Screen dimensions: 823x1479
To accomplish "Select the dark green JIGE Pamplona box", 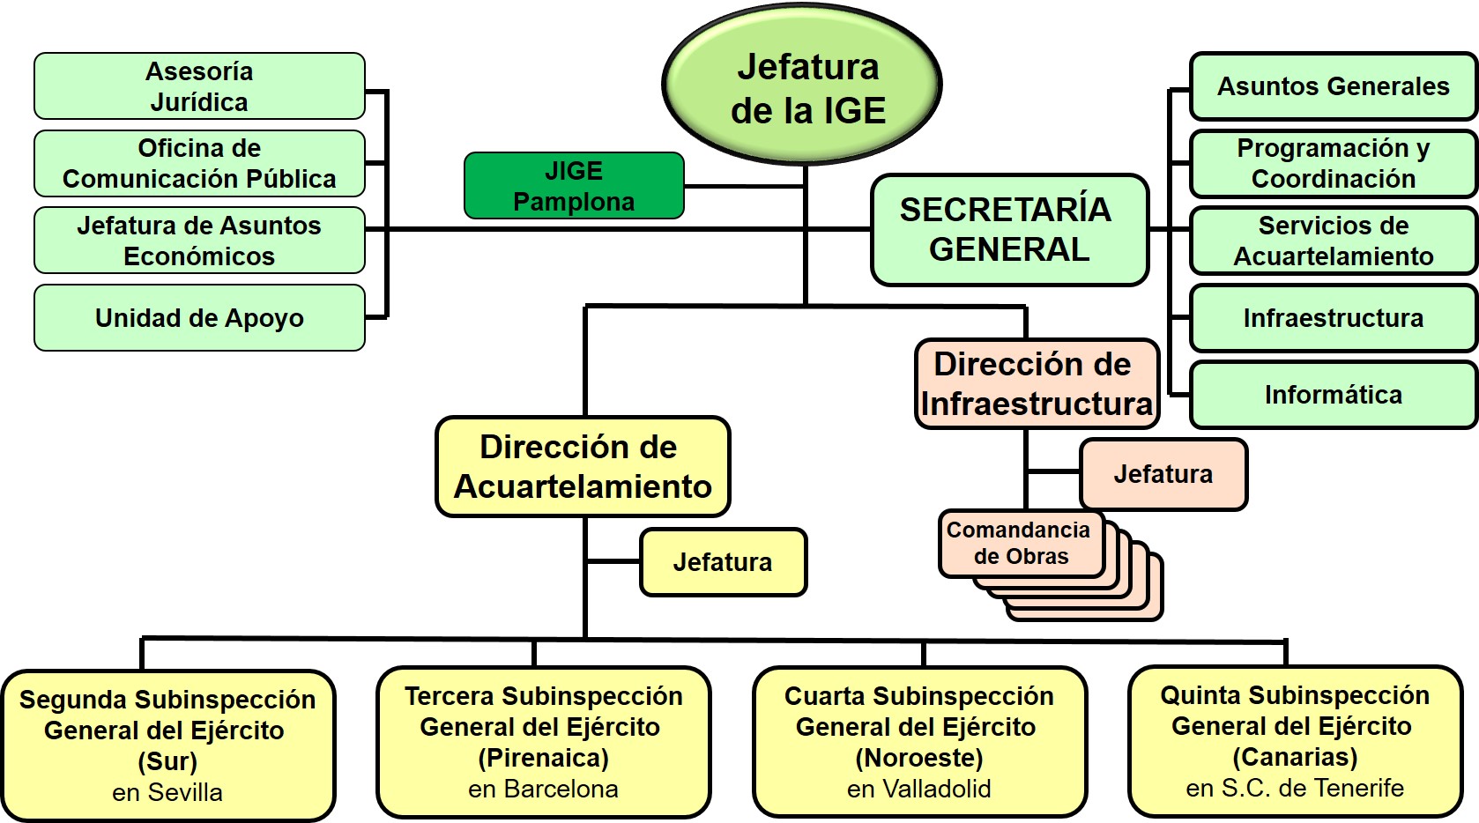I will click(x=574, y=186).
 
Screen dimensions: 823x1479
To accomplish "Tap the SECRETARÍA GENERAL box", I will click(x=1009, y=230).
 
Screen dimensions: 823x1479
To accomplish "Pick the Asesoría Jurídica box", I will click(x=199, y=86).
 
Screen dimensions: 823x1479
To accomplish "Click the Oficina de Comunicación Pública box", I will click(x=199, y=163).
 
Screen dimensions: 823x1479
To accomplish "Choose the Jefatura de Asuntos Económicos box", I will click(x=199, y=241).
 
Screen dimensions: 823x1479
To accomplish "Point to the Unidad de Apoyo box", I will click(x=199, y=318).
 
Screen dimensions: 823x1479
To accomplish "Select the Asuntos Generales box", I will click(x=1333, y=86).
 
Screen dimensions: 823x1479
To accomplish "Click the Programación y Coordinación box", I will click(x=1333, y=163).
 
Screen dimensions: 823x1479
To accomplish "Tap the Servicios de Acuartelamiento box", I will click(x=1333, y=241).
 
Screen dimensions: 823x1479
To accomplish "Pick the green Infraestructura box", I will click(x=1333, y=318).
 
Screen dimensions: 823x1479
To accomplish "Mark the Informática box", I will click(x=1333, y=395).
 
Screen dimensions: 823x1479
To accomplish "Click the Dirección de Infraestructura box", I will click(x=1037, y=384).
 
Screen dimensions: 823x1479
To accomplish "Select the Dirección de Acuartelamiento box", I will click(x=583, y=467).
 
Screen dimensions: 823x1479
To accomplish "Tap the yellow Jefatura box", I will click(x=723, y=562).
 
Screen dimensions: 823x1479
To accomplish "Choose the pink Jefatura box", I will click(x=1163, y=474).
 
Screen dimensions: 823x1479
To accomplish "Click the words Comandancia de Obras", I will click(x=1020, y=544).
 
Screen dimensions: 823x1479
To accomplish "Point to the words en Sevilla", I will click(x=167, y=793).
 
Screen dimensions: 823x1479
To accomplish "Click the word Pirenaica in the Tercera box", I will click(x=543, y=758).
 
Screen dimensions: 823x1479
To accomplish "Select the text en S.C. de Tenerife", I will click(x=1295, y=788).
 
